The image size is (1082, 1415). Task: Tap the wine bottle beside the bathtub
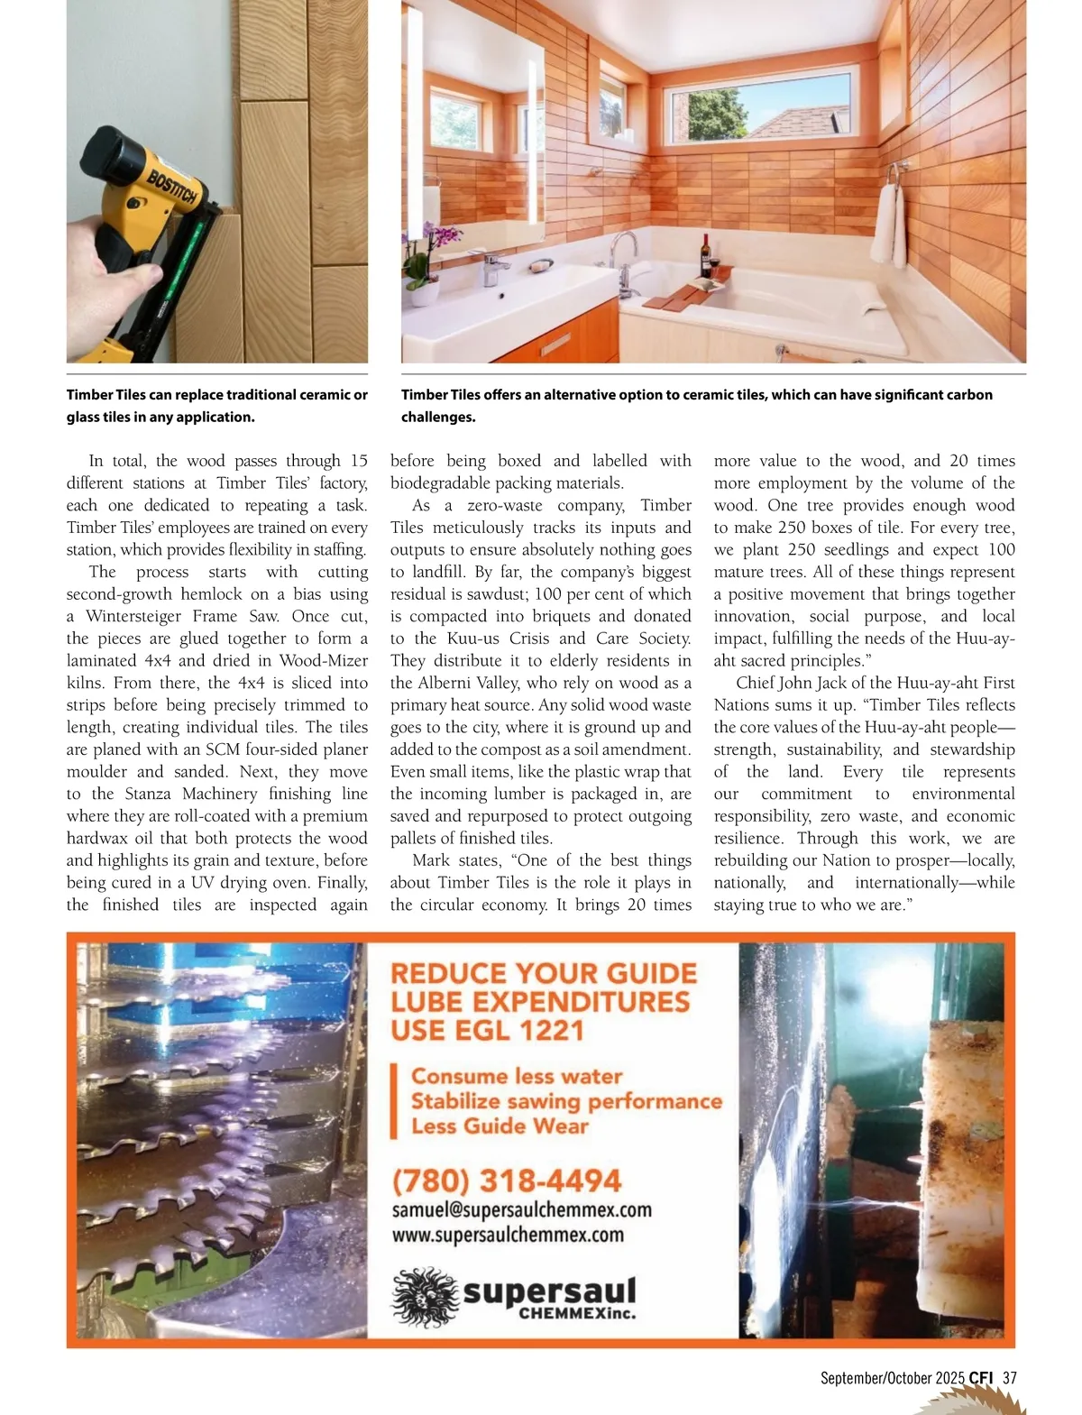(705, 256)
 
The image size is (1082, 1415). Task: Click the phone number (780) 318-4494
(506, 1181)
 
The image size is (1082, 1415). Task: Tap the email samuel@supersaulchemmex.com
(521, 1209)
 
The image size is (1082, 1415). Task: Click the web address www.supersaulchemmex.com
(508, 1234)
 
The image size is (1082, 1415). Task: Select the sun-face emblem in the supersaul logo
(425, 1296)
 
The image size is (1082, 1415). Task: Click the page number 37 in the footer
(1009, 1378)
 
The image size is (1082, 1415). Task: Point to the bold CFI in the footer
(981, 1378)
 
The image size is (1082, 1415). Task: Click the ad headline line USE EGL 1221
(488, 1030)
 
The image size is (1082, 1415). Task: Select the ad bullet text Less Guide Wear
(500, 1126)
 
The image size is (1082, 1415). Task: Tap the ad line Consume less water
(517, 1076)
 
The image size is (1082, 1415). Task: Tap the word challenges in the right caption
(438, 417)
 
